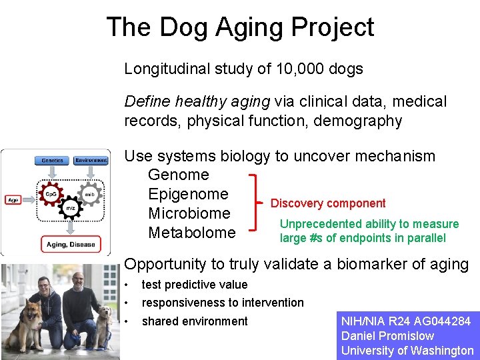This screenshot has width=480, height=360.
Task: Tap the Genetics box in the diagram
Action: tap(52, 161)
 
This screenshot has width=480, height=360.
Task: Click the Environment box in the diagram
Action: tap(91, 161)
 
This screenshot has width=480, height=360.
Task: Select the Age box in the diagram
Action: tap(13, 199)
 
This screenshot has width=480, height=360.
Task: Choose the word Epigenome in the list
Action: tap(188, 195)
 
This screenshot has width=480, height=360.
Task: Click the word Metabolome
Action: tap(191, 233)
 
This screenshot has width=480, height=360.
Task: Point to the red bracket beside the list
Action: tap(255, 203)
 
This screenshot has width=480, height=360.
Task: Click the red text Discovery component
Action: tap(328, 203)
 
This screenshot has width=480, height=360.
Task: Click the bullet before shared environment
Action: tap(127, 321)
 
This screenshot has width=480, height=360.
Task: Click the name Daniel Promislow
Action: tap(387, 336)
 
